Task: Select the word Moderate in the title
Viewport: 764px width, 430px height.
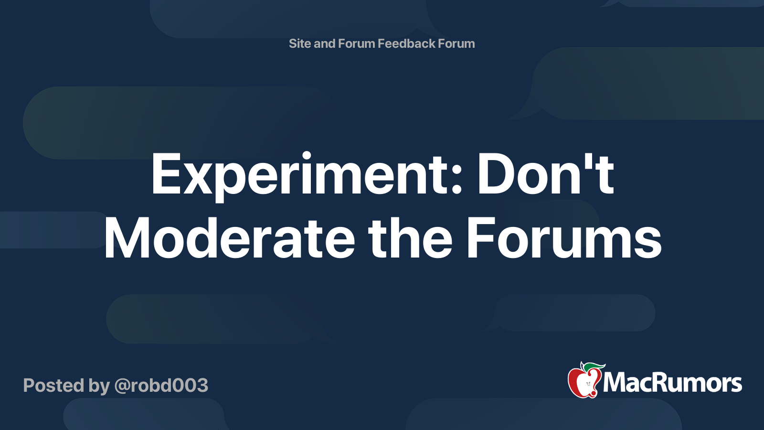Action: [x=229, y=238]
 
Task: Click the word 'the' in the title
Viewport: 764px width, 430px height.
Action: [x=410, y=238]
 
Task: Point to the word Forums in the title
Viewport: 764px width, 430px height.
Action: [x=563, y=238]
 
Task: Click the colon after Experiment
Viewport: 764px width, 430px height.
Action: [x=456, y=182]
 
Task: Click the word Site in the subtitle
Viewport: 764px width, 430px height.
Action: [x=300, y=43]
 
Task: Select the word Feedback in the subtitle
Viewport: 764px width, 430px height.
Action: [x=406, y=43]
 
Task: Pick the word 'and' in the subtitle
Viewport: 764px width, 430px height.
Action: [x=325, y=43]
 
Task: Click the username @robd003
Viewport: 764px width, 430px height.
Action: [x=161, y=386]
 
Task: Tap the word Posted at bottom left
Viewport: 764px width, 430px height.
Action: [x=53, y=386]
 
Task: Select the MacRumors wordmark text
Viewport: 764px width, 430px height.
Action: [x=672, y=383]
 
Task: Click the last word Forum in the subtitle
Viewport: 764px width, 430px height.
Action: [x=456, y=43]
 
